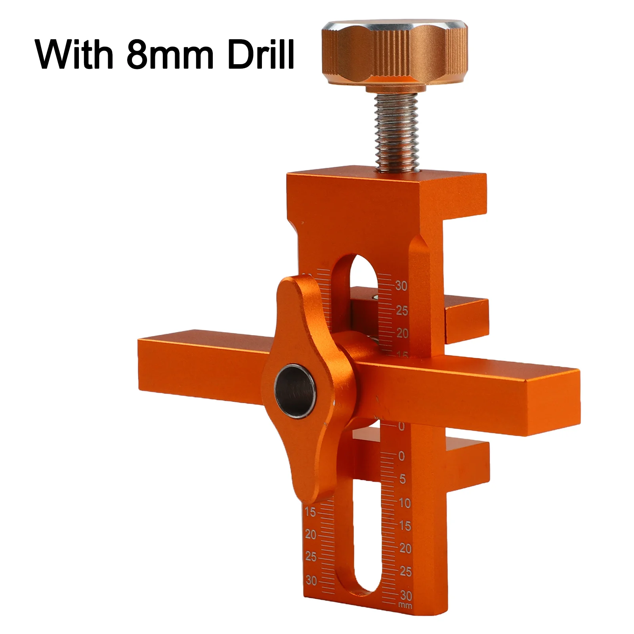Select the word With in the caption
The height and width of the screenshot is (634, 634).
pos(76,54)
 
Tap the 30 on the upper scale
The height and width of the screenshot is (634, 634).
pos(401,285)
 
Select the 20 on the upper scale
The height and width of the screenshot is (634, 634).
pos(402,333)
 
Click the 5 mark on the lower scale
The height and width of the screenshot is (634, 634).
pos(402,479)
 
